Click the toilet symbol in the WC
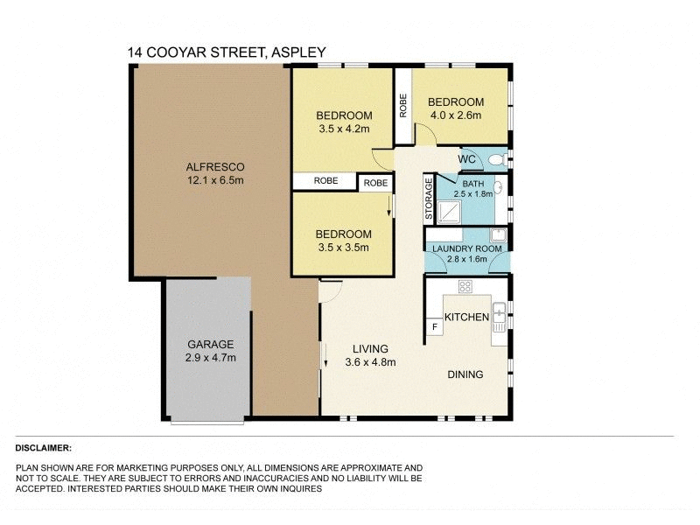pos(497,160)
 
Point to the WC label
pos(467,160)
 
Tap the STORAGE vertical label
pos(429,199)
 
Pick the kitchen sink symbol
pos(499,313)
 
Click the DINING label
pos(465,375)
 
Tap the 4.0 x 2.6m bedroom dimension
pos(456,115)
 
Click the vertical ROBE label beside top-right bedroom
pos(403,106)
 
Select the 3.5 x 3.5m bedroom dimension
pos(343,247)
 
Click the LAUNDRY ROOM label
pos(467,248)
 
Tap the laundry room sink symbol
pos(497,234)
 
